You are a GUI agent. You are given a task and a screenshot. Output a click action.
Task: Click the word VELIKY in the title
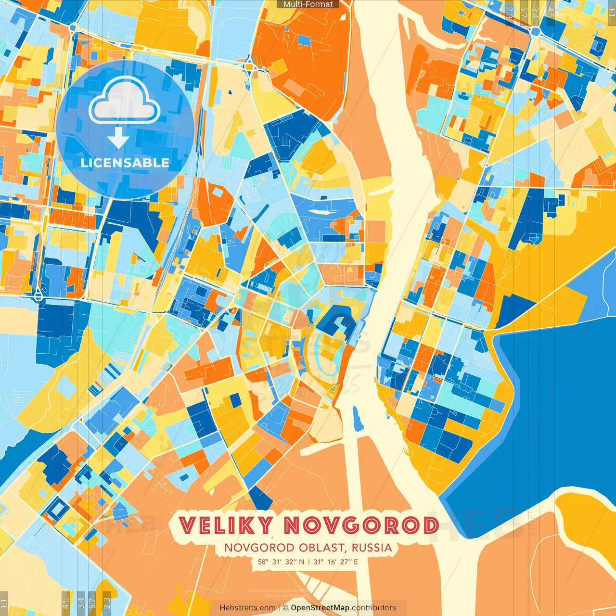click(x=226, y=526)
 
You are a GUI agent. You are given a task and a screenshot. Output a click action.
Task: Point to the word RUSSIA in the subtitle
click(x=372, y=548)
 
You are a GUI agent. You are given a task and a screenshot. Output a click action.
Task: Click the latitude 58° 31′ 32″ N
click(x=281, y=562)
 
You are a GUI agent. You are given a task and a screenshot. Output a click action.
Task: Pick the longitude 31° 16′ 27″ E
click(x=336, y=562)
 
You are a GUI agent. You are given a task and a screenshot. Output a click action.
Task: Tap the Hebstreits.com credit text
click(x=247, y=608)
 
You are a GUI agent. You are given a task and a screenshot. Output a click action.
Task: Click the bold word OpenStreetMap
click(x=320, y=608)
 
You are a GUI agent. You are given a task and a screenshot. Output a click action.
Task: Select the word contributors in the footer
click(x=374, y=608)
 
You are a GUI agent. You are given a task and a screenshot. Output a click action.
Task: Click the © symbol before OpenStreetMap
click(x=285, y=608)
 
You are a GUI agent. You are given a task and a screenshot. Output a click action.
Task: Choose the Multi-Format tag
click(x=308, y=4)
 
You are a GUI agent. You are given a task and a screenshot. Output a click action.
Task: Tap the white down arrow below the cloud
click(x=118, y=139)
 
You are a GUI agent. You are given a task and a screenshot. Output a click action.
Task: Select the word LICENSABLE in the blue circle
click(x=125, y=163)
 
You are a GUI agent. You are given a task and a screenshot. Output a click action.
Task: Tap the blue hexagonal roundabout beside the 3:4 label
click(x=535, y=31)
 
